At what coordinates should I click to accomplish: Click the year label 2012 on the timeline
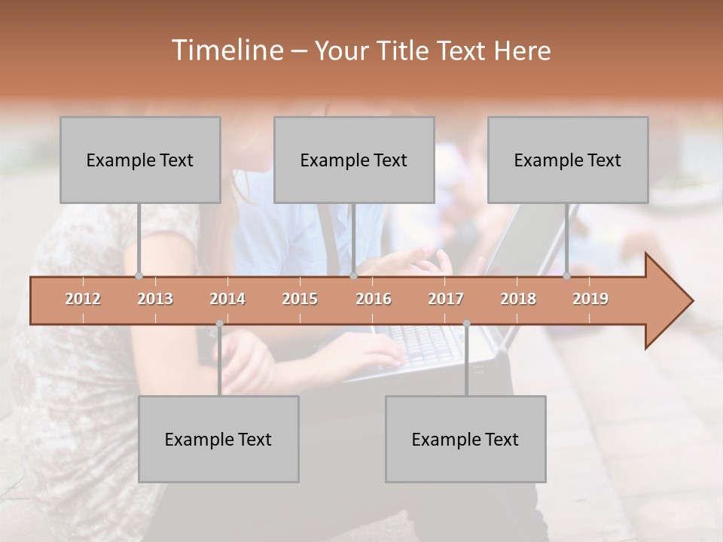(x=83, y=299)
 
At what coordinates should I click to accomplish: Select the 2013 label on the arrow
(x=155, y=299)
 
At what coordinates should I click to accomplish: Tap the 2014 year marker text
(x=227, y=299)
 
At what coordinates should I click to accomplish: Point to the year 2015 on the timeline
(x=300, y=299)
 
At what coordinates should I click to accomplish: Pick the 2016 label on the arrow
(x=374, y=299)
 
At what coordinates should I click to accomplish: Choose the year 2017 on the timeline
(x=446, y=299)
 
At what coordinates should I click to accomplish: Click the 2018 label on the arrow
(x=518, y=299)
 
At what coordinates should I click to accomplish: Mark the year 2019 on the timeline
(x=590, y=299)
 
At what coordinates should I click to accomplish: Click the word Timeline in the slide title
(x=227, y=50)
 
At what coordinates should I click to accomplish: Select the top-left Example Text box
(x=140, y=160)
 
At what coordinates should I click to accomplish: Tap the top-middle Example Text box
(x=354, y=160)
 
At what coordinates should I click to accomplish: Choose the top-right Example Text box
(x=568, y=160)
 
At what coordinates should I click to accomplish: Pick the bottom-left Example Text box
(x=218, y=439)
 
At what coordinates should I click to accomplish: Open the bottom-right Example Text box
(x=465, y=439)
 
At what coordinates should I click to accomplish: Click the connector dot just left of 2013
(x=139, y=276)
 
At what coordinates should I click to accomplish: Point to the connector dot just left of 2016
(x=353, y=276)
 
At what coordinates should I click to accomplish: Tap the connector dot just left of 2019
(x=567, y=276)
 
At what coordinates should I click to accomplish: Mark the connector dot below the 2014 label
(x=219, y=324)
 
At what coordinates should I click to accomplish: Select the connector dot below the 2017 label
(x=466, y=324)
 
